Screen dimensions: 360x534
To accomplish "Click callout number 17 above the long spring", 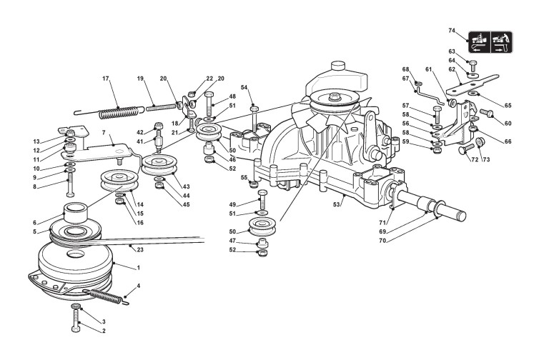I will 105,78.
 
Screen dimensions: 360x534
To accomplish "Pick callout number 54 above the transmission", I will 244,87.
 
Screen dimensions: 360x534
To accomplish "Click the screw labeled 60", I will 484,112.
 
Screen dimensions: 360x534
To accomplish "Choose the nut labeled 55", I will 254,184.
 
